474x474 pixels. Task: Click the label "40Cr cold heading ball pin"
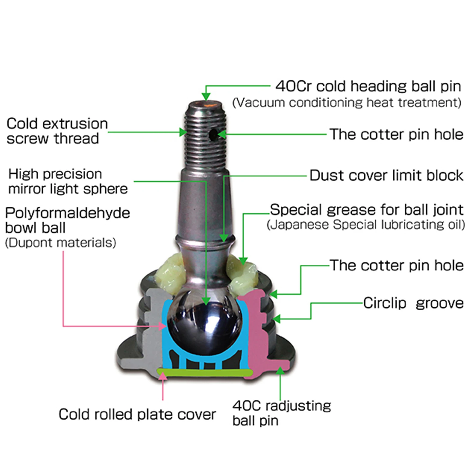(368, 86)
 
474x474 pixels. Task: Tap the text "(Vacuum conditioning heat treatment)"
(347, 103)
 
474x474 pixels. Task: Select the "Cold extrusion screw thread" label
(57, 131)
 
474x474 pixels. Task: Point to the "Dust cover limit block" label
(386, 175)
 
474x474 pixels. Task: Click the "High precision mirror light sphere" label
(68, 181)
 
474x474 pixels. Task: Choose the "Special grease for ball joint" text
(367, 210)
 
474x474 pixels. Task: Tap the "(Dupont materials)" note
(60, 243)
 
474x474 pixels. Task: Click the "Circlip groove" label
(413, 303)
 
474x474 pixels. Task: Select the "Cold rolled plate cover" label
(137, 414)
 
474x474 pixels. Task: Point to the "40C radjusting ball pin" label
(281, 413)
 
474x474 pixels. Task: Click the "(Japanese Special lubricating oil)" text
(366, 225)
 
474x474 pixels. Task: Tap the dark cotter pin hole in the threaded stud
(214, 135)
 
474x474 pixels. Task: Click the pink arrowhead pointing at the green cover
(162, 376)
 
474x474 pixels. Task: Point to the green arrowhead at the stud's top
(206, 96)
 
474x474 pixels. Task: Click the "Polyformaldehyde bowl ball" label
(67, 220)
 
